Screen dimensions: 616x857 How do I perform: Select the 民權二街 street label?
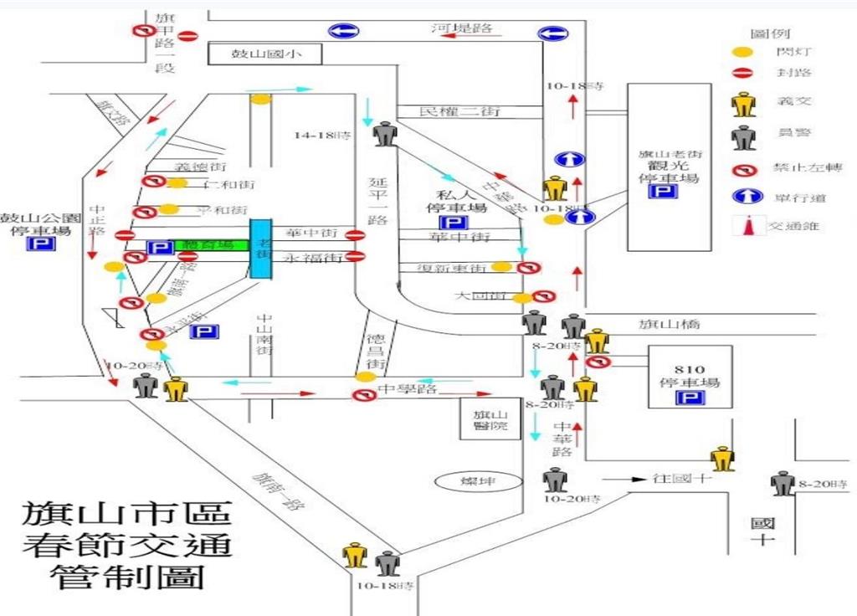click(x=451, y=111)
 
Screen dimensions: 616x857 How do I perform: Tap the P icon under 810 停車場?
click(x=689, y=398)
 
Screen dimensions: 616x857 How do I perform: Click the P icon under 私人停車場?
click(x=454, y=223)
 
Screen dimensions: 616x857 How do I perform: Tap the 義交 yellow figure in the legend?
click(x=743, y=105)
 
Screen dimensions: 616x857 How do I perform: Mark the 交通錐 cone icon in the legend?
click(x=743, y=224)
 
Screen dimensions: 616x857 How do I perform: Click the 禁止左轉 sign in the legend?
click(x=743, y=168)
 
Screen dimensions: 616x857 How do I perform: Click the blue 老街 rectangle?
click(x=261, y=249)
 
